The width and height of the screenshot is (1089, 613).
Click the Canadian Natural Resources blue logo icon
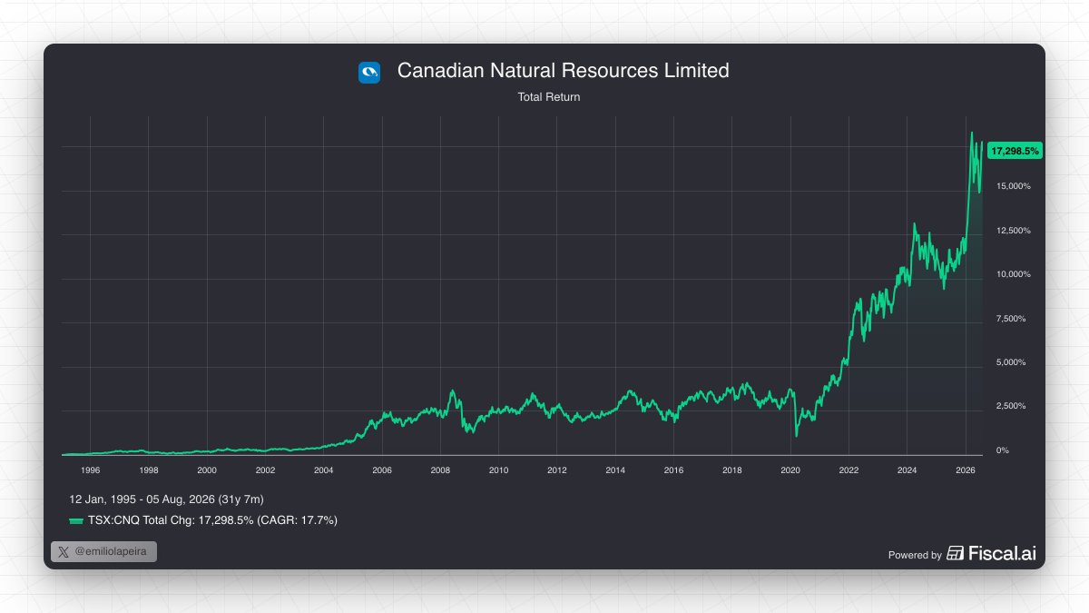(369, 73)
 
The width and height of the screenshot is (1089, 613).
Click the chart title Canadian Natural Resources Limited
(563, 71)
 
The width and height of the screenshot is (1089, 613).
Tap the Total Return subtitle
(548, 97)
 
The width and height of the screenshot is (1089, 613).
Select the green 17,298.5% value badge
(1015, 151)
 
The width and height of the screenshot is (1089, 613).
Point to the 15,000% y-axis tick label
(1013, 186)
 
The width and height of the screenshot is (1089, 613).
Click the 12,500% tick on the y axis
(1013, 230)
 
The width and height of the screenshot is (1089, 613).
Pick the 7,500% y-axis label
(1011, 318)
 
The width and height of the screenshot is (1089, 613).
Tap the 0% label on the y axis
(1002, 450)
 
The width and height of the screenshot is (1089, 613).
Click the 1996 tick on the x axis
(91, 470)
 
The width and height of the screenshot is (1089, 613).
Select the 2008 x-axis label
(440, 470)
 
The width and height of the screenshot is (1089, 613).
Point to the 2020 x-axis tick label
(790, 470)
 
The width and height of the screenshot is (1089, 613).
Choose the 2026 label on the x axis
(966, 470)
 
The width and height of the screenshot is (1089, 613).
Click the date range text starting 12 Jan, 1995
(166, 499)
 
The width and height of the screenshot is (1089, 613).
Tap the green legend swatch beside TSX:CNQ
(76, 521)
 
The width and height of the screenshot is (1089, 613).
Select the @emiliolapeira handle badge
(103, 552)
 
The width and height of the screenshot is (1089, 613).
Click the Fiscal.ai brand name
(1002, 553)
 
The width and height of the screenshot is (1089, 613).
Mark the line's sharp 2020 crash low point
(797, 436)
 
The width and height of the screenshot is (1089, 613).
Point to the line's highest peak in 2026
(972, 133)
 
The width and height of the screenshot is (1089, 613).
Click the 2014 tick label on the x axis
(615, 470)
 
